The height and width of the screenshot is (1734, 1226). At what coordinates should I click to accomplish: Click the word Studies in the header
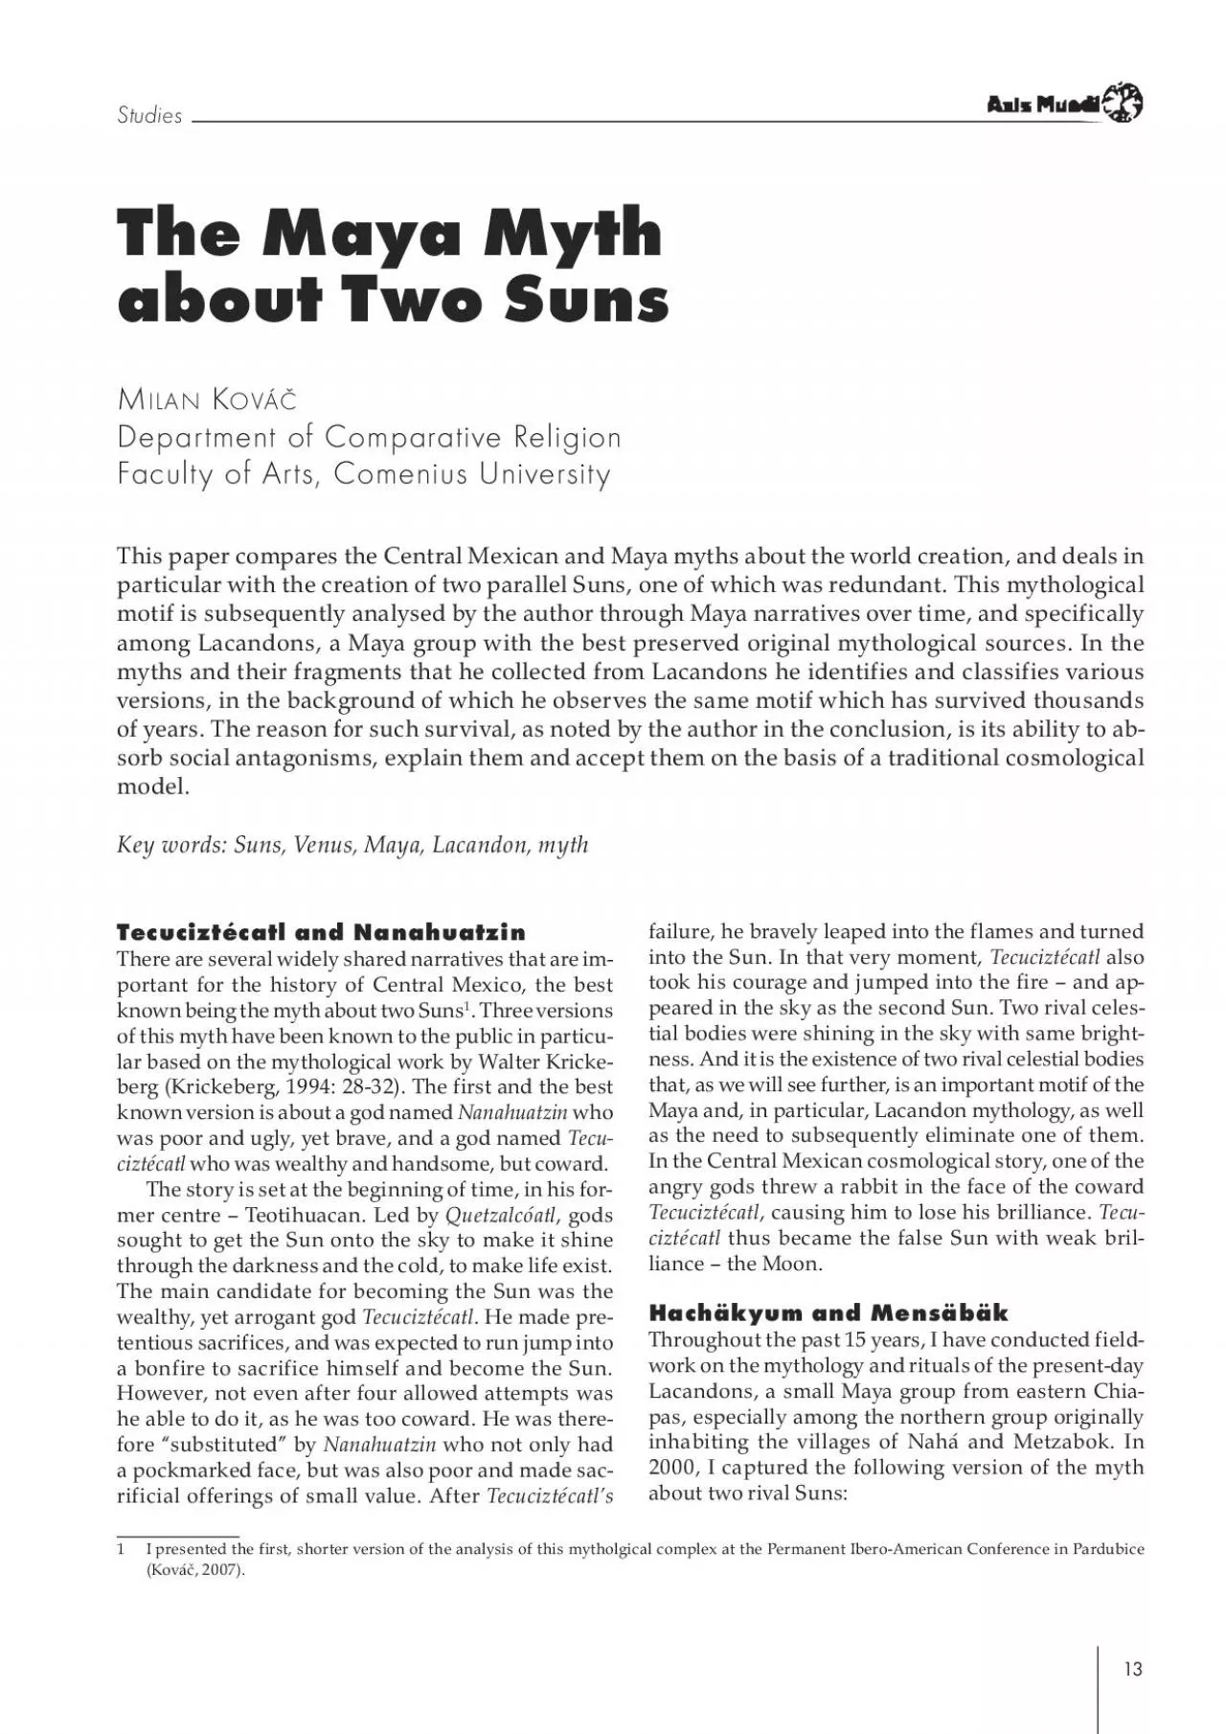tap(149, 116)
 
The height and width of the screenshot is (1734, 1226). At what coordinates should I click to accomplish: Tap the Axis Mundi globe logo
tap(1123, 103)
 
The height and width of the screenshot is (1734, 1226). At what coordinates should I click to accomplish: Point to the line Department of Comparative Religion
tap(369, 437)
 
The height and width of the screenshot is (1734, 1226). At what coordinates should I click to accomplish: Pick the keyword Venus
tap(325, 845)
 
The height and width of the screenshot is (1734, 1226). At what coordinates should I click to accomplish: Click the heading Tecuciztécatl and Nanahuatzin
tap(321, 932)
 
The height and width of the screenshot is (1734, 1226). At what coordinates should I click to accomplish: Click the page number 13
tap(1133, 1669)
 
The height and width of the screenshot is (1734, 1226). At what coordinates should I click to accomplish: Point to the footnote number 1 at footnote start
tap(121, 1549)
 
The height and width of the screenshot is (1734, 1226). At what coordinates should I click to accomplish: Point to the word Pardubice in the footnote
tap(1107, 1549)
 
